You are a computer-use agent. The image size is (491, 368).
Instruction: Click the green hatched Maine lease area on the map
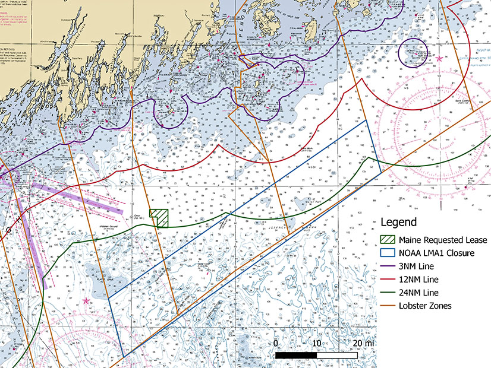(x=159, y=217)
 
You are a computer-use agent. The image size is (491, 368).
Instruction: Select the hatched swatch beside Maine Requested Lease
(x=387, y=240)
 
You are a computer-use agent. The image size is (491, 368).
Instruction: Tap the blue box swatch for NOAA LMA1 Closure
(x=387, y=253)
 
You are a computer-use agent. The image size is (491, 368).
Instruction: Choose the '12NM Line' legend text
(x=420, y=280)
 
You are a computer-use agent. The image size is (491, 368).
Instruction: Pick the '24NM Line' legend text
(x=420, y=293)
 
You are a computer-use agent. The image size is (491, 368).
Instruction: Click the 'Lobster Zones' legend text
(x=426, y=306)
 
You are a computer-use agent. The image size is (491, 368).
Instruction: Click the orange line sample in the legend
(x=387, y=306)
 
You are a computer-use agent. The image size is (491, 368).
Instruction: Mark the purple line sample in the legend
(x=387, y=267)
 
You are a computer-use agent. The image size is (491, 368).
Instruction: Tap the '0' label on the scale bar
(x=276, y=344)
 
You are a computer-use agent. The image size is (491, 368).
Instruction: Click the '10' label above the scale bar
(x=316, y=344)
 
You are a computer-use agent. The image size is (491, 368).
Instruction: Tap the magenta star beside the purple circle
(x=439, y=59)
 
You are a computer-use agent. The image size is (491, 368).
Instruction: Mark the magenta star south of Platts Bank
(x=87, y=301)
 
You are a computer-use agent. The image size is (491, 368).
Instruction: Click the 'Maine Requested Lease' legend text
(x=443, y=240)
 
